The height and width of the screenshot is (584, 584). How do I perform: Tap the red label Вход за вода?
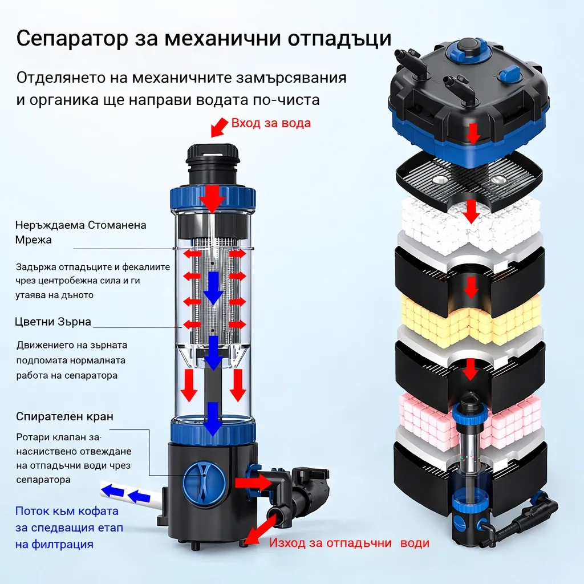point(271,123)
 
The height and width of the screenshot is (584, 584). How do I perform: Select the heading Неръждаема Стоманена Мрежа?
point(80,232)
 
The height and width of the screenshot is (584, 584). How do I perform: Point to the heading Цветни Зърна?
point(53,322)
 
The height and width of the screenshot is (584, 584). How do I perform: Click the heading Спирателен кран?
point(64,416)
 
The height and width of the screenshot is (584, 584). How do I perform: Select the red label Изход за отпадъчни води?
point(349,543)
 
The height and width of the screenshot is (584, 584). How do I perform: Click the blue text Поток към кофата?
point(67,510)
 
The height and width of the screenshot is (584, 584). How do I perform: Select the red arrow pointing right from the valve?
point(253,482)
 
